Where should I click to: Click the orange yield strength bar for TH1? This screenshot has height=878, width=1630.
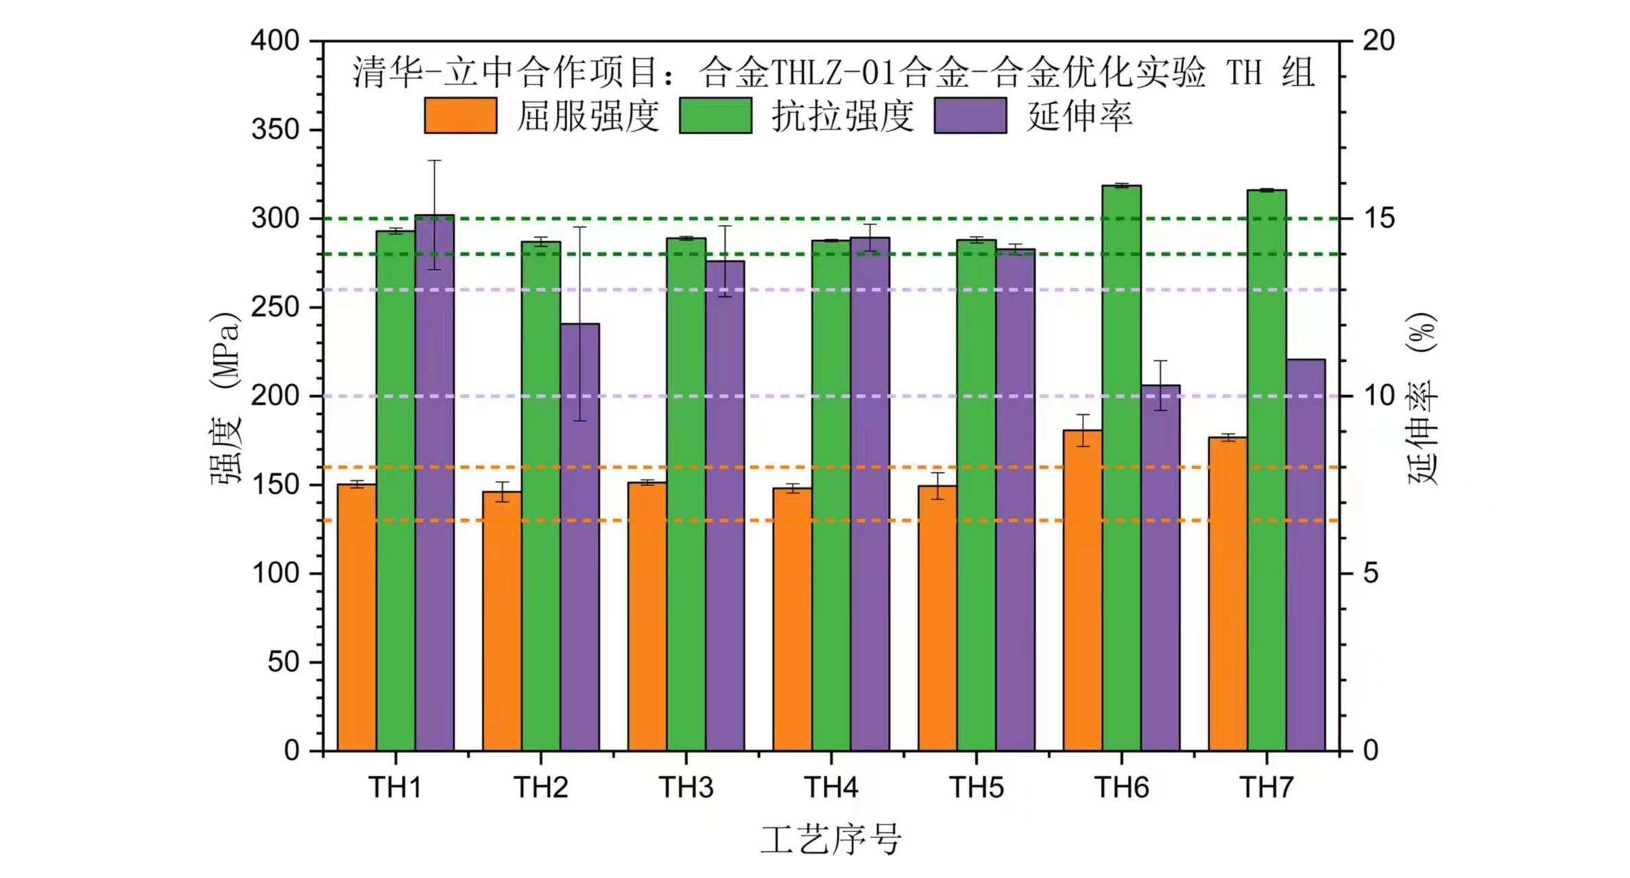click(357, 617)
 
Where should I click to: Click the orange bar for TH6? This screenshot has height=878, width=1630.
click(1083, 590)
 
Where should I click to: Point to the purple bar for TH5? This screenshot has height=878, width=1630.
click(1015, 500)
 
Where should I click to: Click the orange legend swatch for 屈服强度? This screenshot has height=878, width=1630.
click(460, 115)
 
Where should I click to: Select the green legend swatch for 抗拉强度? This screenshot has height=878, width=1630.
click(716, 115)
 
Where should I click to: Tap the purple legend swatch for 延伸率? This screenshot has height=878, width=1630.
click(970, 115)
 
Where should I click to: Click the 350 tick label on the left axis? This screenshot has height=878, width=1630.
click(275, 130)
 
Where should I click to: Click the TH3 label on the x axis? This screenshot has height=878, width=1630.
click(686, 787)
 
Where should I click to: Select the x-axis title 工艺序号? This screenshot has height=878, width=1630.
click(831, 840)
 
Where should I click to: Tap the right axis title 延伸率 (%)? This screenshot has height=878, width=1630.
click(1422, 398)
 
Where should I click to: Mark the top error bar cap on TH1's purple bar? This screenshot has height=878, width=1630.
click(434, 161)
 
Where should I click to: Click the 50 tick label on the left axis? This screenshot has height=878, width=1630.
click(283, 662)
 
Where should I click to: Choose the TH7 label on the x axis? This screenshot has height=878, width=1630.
click(1266, 787)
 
